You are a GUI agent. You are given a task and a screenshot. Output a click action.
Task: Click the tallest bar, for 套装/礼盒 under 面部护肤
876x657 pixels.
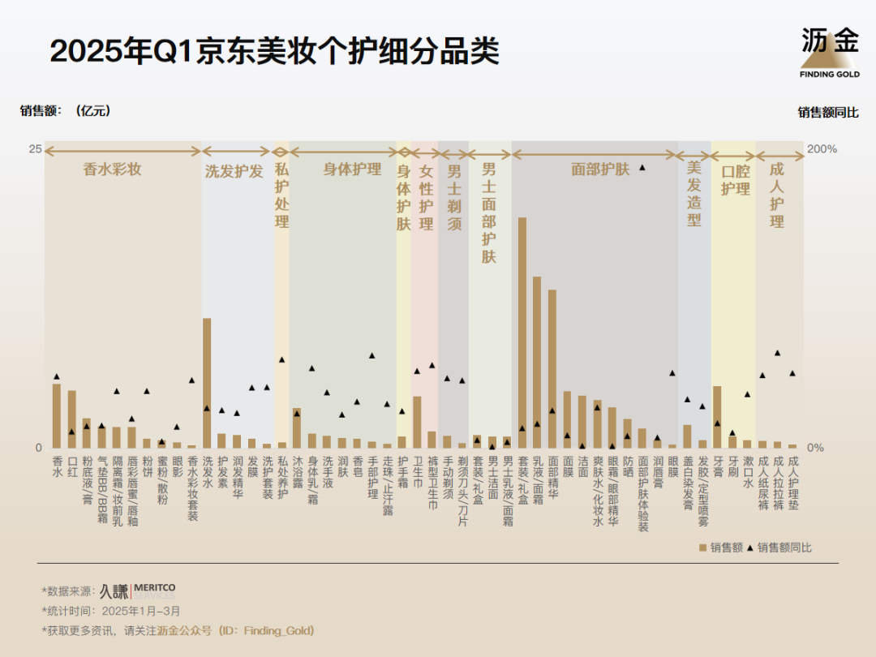(522, 333)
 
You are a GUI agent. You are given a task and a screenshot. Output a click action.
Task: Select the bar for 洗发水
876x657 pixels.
(207, 383)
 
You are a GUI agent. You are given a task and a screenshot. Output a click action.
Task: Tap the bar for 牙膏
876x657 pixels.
(717, 417)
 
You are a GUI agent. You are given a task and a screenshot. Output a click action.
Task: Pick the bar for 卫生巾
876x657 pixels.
(417, 422)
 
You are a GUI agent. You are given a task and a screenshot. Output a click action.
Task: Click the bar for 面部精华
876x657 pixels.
(552, 369)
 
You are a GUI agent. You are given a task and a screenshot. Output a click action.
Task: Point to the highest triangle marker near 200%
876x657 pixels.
(642, 167)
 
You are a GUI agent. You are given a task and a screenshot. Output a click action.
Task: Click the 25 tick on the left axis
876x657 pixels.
(35, 149)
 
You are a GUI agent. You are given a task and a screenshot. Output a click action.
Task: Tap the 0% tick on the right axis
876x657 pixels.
(815, 448)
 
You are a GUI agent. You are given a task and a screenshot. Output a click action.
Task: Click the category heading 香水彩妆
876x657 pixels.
(112, 170)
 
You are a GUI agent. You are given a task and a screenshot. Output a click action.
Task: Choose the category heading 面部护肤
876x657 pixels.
(600, 170)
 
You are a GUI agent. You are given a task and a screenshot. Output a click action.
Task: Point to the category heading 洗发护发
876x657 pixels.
(234, 171)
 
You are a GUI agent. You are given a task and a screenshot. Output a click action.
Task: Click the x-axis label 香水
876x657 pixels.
(57, 466)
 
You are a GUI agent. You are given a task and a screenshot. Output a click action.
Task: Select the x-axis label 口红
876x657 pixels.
(71, 466)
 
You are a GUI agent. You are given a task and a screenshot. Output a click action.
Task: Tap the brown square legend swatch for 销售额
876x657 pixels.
(703, 548)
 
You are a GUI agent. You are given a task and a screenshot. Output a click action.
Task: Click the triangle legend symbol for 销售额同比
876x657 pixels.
(749, 547)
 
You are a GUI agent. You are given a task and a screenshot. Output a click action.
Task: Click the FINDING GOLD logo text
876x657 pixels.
(830, 74)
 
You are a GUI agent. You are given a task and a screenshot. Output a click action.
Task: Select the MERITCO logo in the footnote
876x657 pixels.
(153, 587)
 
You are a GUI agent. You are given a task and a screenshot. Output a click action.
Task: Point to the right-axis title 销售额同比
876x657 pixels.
(827, 113)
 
